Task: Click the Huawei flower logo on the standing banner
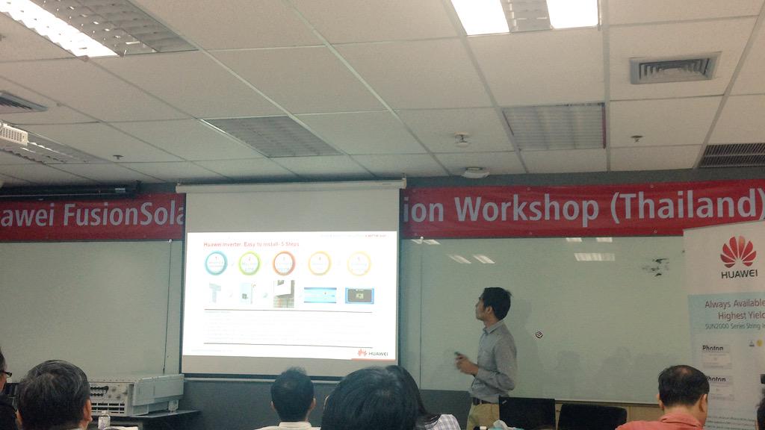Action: point(737,252)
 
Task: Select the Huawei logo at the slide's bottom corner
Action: point(373,352)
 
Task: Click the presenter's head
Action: point(495,303)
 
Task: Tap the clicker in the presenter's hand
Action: point(457,355)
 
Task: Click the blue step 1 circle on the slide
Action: point(217,263)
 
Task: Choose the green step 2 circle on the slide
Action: point(250,263)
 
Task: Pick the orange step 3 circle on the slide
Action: point(284,263)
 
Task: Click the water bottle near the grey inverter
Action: point(103,420)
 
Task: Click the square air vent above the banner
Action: point(674,69)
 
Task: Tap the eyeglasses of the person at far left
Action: point(6,373)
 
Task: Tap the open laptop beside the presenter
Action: point(527,413)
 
